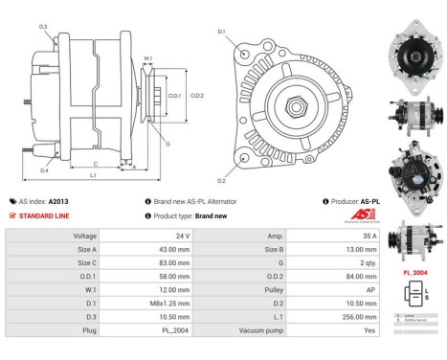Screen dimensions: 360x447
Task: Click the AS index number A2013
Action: [58, 202]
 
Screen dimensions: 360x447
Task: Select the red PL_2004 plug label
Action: [413, 272]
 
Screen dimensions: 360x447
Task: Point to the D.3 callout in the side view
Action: [43, 26]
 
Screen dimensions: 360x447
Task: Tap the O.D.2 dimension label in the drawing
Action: [197, 96]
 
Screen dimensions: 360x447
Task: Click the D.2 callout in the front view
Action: [221, 180]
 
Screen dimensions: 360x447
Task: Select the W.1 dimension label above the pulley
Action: [147, 58]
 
